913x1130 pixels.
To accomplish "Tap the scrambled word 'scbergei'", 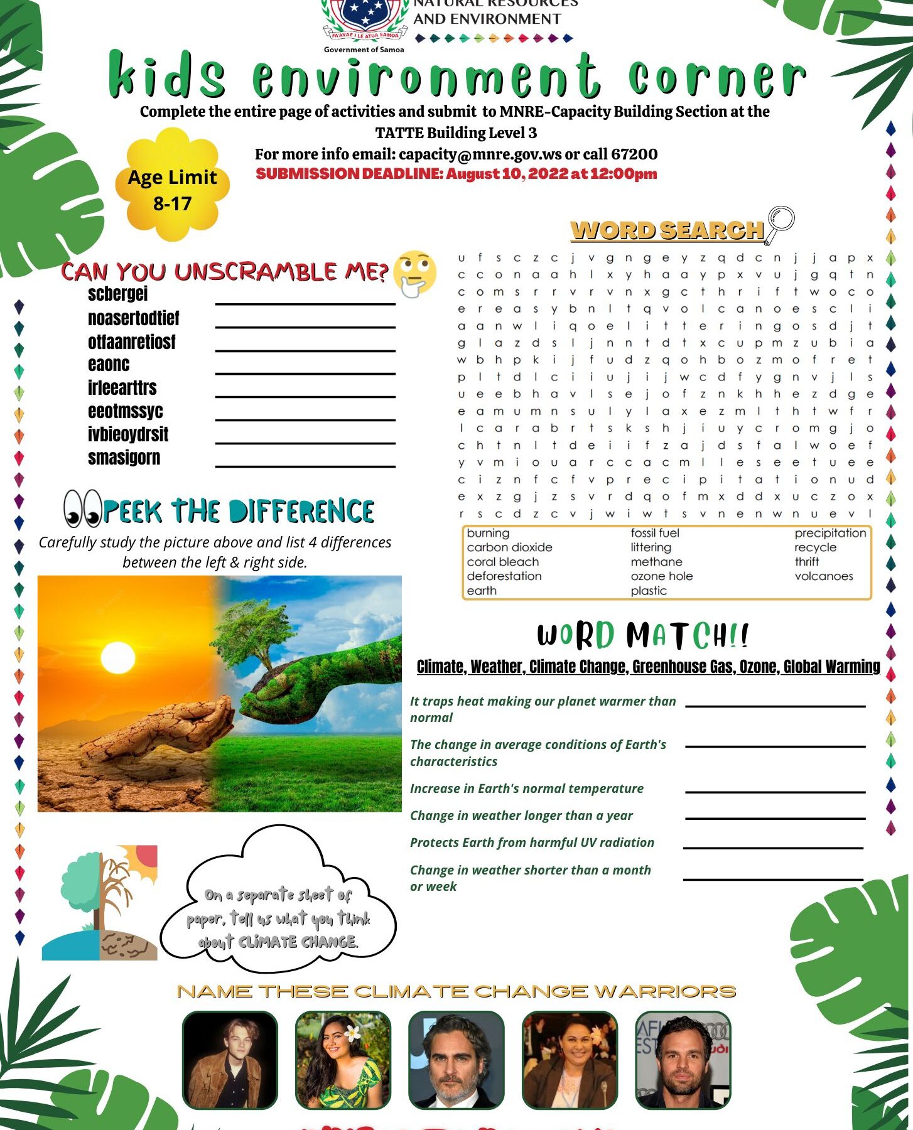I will (117, 294).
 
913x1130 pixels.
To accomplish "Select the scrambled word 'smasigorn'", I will (124, 458).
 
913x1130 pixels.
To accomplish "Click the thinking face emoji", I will (414, 274).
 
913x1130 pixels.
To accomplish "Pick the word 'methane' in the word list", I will (656, 562).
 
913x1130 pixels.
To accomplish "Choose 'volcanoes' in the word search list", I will (823, 576).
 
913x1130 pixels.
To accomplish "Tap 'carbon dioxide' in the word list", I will (509, 547).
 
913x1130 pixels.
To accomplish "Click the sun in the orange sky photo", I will (117, 660).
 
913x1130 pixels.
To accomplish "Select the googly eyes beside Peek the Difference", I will (82, 508).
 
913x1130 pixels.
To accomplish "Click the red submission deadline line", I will (456, 174).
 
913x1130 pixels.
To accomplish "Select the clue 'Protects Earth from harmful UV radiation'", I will (532, 842).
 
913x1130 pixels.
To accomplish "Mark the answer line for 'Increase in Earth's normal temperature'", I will (775, 790).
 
